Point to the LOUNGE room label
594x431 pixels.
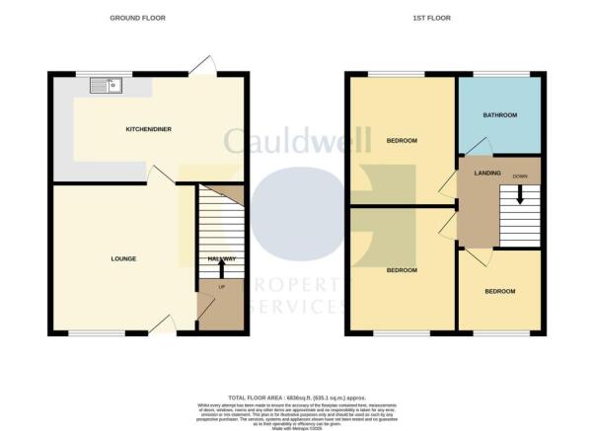[x=123, y=258]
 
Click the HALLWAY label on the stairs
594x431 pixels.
[x=221, y=258]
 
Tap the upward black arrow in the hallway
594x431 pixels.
[x=221, y=268]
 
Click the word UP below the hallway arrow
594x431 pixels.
[x=220, y=287]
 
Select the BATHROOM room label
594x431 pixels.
[x=499, y=115]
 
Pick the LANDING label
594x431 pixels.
[x=487, y=174]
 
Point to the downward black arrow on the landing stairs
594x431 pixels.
[x=520, y=196]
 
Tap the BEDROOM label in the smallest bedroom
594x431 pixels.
[x=499, y=292]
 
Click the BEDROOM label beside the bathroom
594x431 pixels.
[x=401, y=141]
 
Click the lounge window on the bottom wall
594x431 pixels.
[x=96, y=333]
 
